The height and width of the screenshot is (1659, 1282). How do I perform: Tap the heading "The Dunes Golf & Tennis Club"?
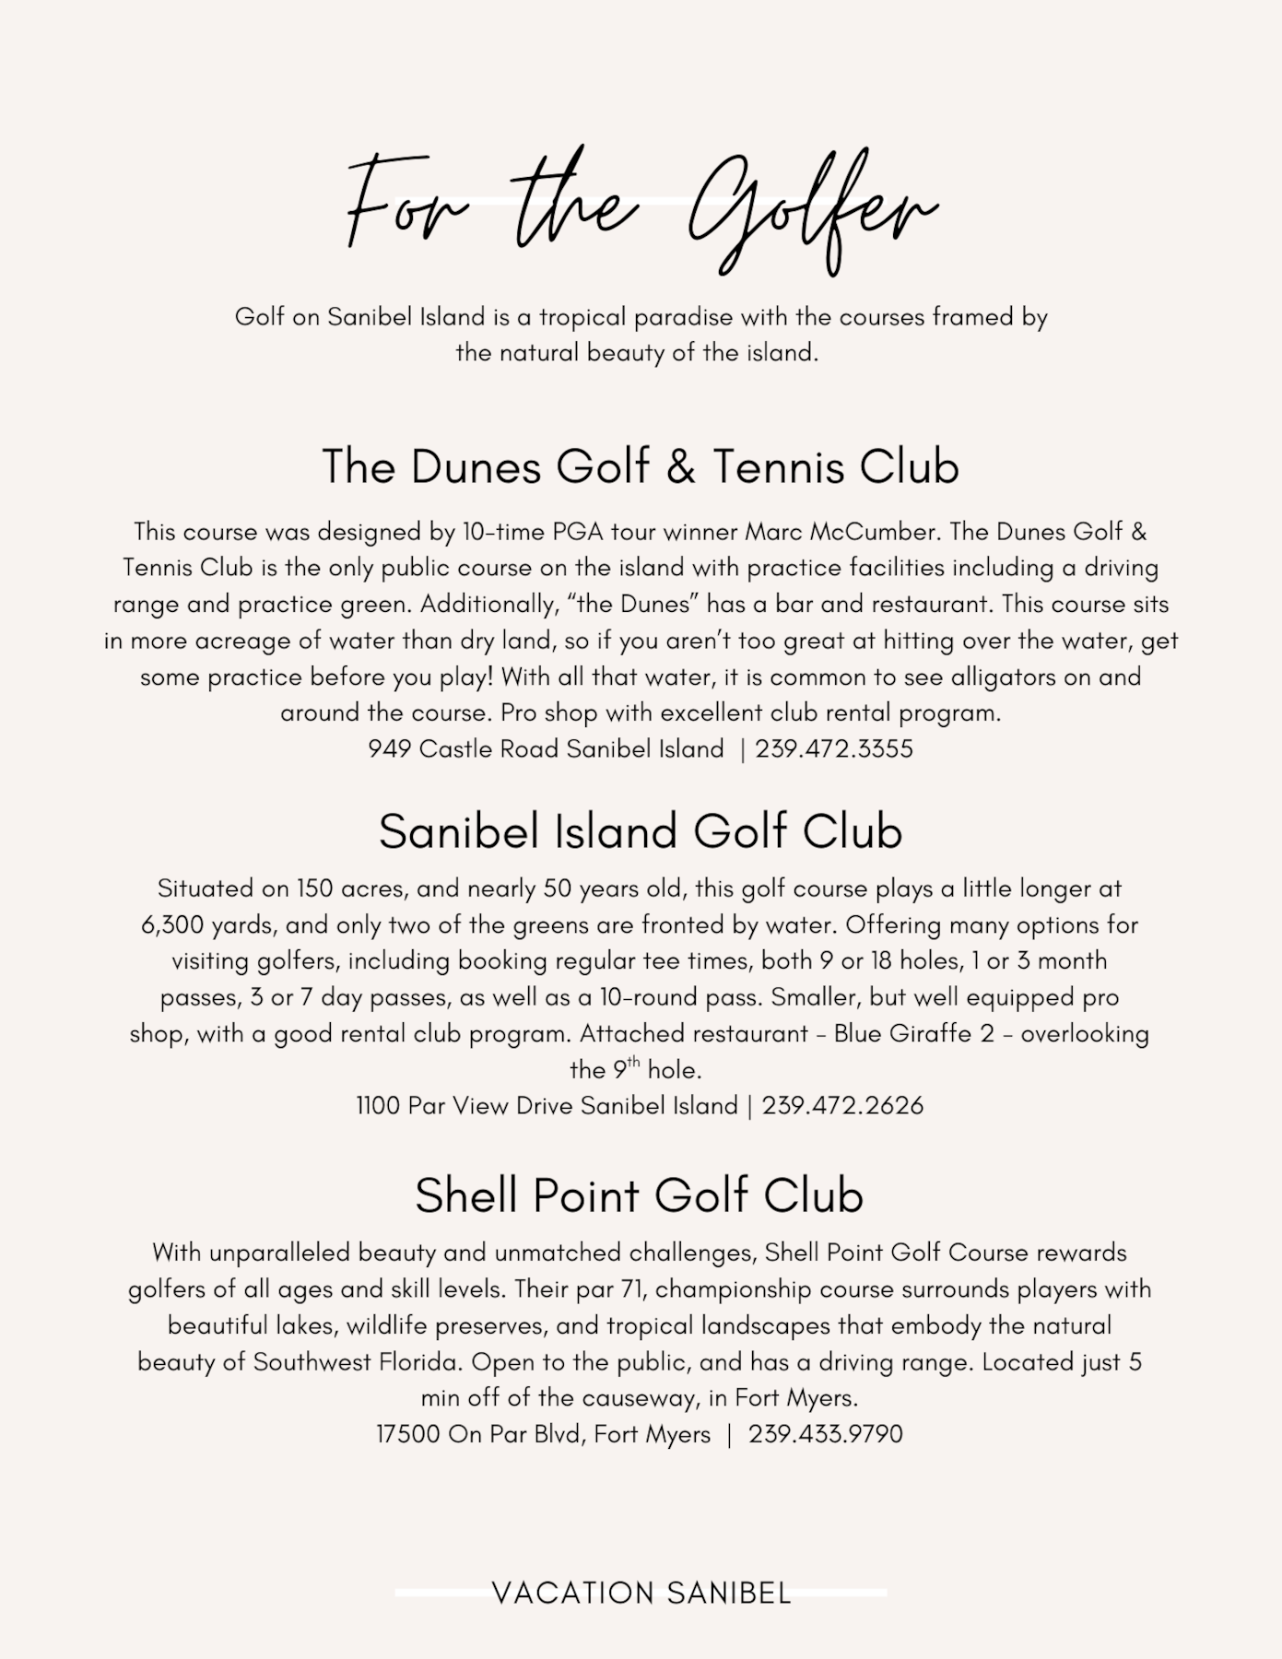click(641, 465)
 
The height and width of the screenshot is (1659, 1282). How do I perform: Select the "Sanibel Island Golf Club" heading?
click(641, 830)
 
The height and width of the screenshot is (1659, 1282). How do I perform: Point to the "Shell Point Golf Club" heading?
click(639, 1195)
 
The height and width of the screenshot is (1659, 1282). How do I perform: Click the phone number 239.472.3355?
click(834, 748)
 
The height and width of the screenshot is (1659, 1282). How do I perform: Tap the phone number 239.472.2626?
click(842, 1105)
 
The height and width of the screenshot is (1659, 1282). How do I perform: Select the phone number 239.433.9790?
click(826, 1434)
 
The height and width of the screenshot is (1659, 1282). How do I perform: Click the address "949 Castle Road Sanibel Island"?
click(546, 748)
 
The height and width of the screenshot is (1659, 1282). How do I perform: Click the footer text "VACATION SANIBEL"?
click(641, 1594)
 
